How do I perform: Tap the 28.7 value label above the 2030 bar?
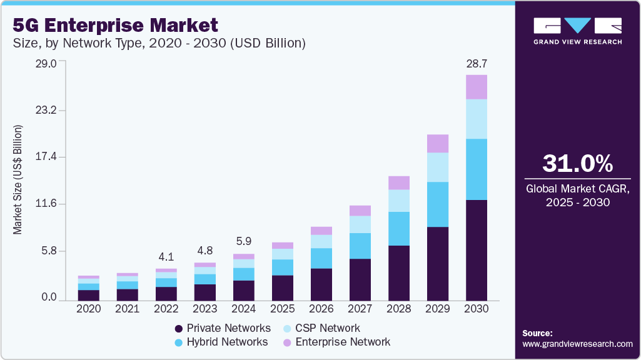(x=477, y=64)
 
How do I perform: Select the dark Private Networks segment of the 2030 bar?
(x=477, y=250)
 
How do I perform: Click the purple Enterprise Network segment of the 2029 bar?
(x=438, y=144)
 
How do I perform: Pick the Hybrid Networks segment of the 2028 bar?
(x=399, y=228)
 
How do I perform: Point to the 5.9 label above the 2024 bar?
(x=244, y=241)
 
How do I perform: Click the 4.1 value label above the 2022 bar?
(x=166, y=256)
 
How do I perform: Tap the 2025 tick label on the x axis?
(x=283, y=309)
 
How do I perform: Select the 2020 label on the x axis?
(x=89, y=309)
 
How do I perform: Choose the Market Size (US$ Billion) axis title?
(x=18, y=180)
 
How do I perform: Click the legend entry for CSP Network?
(x=328, y=328)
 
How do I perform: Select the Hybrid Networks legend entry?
(x=228, y=342)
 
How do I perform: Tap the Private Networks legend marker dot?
(x=179, y=329)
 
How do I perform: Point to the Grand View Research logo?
(x=577, y=31)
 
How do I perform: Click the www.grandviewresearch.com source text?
(x=577, y=344)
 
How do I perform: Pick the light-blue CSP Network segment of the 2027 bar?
(x=360, y=224)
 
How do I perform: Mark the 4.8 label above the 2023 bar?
(x=205, y=251)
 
